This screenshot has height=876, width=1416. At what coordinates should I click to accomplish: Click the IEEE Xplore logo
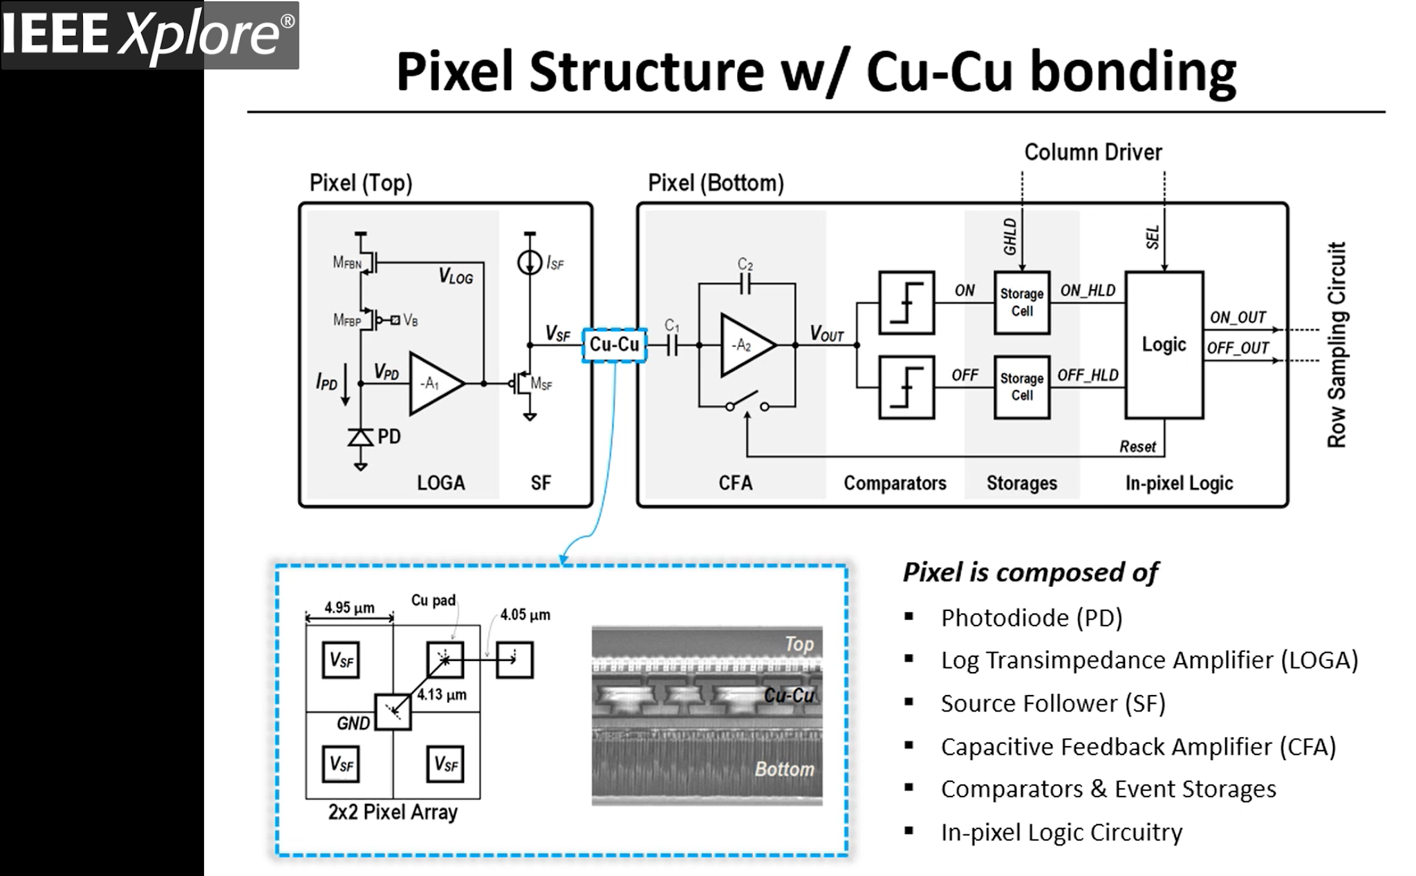(x=149, y=35)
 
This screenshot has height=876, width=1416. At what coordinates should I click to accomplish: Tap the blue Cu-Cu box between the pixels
(x=614, y=344)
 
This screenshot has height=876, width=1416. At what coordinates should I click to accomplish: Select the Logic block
(x=1164, y=345)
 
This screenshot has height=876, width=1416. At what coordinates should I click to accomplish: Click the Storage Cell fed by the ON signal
(x=1022, y=303)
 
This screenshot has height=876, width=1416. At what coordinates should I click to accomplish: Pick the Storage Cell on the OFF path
(x=1022, y=387)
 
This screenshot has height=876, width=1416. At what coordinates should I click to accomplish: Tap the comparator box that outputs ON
(x=906, y=303)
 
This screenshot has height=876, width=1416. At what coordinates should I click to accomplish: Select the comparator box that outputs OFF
(x=906, y=387)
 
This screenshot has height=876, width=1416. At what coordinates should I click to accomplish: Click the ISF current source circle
(x=530, y=263)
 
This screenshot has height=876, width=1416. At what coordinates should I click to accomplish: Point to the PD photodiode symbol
(x=360, y=437)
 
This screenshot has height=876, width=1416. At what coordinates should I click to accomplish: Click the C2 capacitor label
(x=745, y=264)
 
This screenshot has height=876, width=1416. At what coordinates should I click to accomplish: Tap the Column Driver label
(x=1092, y=152)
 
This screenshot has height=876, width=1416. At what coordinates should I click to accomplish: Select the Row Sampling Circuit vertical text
(x=1336, y=345)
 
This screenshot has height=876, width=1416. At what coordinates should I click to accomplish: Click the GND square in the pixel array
(x=393, y=711)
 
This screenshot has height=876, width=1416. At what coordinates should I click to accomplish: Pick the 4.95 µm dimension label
(x=350, y=607)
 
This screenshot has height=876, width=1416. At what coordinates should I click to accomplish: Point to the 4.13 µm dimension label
(x=442, y=694)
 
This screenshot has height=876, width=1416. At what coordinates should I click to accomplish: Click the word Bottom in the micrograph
(x=784, y=769)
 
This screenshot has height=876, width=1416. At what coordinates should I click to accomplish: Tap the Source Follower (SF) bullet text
(x=1052, y=703)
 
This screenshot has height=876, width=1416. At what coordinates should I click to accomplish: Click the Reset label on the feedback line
(x=1137, y=447)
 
